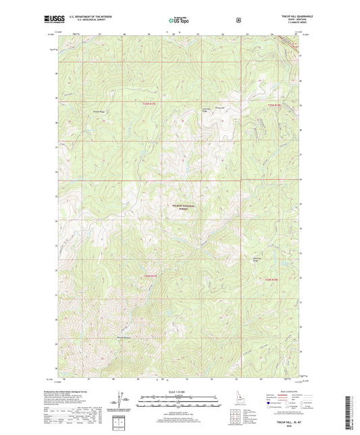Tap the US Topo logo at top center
[179, 20]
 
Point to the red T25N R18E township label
[272, 105]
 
